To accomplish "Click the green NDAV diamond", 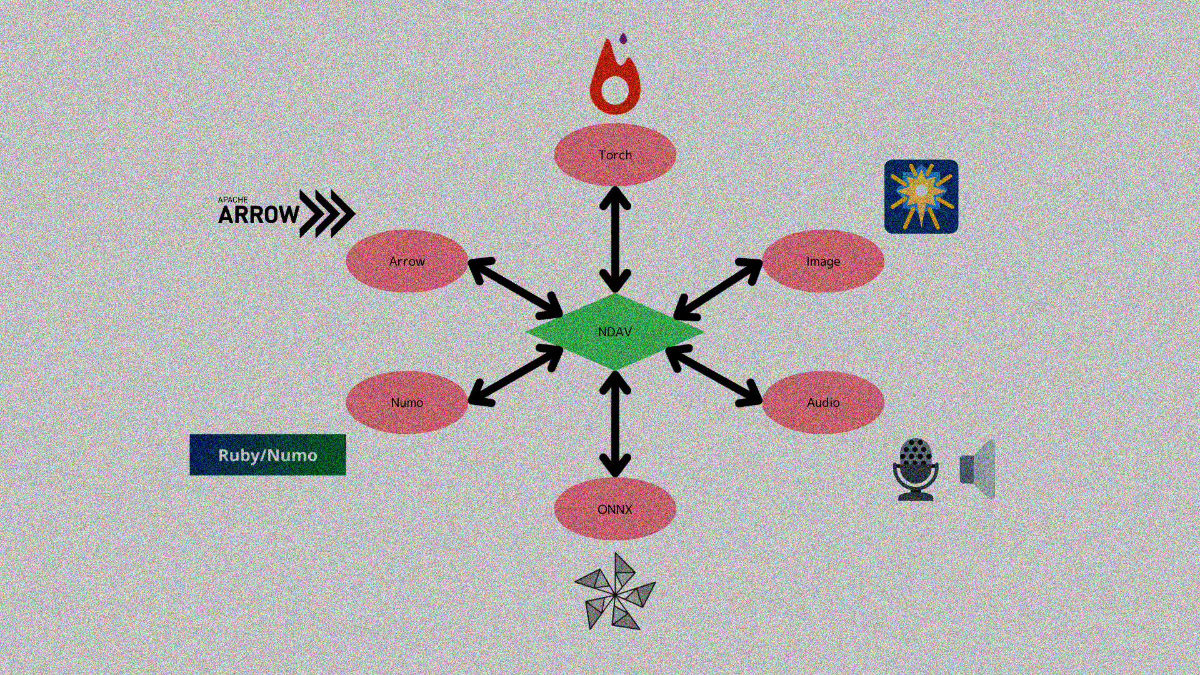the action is pyautogui.click(x=615, y=332).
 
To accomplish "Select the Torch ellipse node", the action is pyautogui.click(x=615, y=154).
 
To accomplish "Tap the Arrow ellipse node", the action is pyautogui.click(x=407, y=261).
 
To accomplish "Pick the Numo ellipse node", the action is pyautogui.click(x=407, y=402).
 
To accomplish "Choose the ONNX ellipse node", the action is pyautogui.click(x=615, y=509).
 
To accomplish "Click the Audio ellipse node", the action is pyautogui.click(x=823, y=402).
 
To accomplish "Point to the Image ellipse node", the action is pyautogui.click(x=823, y=261).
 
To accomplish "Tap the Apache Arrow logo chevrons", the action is pyautogui.click(x=327, y=214).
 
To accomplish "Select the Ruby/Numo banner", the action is pyautogui.click(x=267, y=455).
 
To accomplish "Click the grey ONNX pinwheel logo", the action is pyautogui.click(x=615, y=591).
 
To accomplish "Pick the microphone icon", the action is pyautogui.click(x=916, y=469).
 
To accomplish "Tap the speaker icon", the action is pyautogui.click(x=977, y=469).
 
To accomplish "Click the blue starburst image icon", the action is pyautogui.click(x=921, y=196).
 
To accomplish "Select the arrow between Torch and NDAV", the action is pyautogui.click(x=615, y=239).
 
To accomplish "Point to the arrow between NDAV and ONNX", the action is pyautogui.click(x=615, y=424).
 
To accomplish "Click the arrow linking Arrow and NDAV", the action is pyautogui.click(x=516, y=289).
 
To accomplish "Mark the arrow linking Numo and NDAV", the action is pyautogui.click(x=516, y=375).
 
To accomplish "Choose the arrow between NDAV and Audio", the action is pyautogui.click(x=714, y=375).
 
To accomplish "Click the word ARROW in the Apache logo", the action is pyautogui.click(x=259, y=215).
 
